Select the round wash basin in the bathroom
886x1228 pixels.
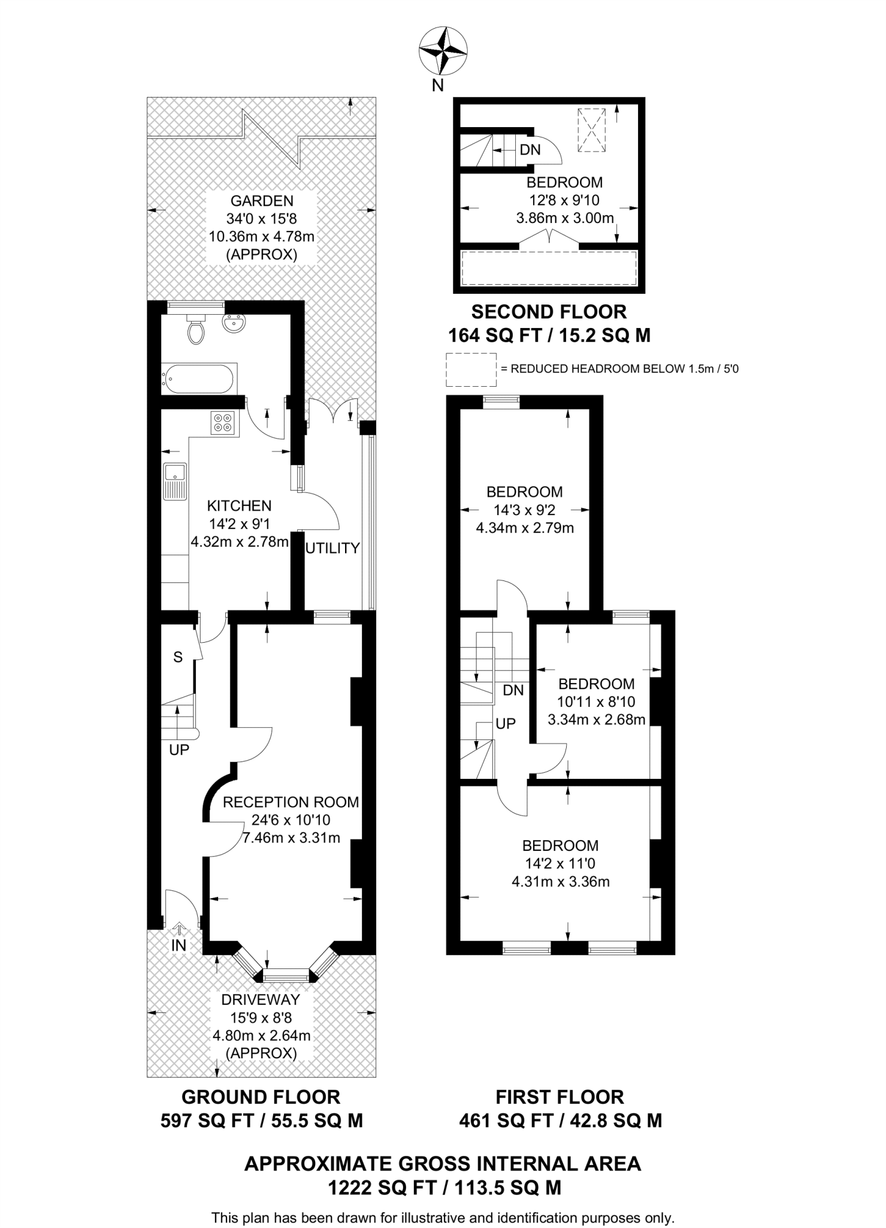(233, 324)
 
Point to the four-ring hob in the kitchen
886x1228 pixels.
(225, 423)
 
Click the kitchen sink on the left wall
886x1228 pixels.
(174, 481)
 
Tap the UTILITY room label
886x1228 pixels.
(333, 548)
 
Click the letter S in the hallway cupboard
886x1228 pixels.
(178, 657)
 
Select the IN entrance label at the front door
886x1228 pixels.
(179, 946)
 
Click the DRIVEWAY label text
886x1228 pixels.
(261, 1000)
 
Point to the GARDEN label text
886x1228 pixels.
(262, 201)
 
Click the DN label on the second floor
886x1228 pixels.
(530, 149)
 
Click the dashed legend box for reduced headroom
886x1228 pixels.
(471, 369)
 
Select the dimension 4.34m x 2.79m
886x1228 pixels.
(524, 528)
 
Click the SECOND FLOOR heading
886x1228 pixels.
(549, 312)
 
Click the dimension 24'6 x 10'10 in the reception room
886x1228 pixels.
(291, 820)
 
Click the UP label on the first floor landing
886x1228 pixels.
(506, 724)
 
